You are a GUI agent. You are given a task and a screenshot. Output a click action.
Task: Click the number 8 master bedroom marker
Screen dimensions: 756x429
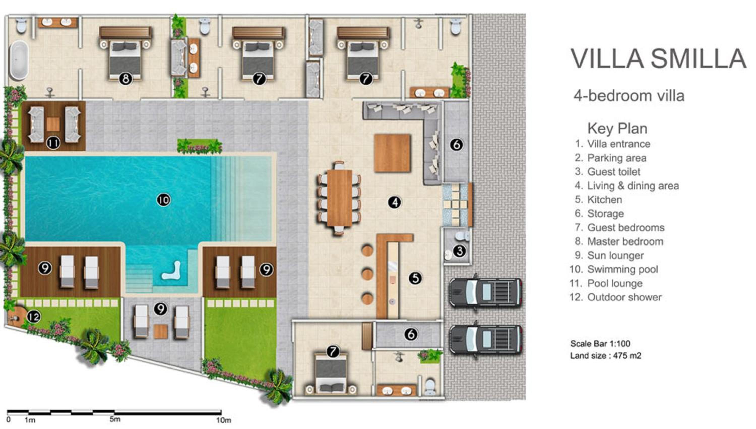[126, 79]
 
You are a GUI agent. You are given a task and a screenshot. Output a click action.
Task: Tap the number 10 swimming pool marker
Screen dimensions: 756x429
[164, 200]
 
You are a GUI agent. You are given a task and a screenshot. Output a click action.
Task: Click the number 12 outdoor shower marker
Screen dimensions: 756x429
[34, 317]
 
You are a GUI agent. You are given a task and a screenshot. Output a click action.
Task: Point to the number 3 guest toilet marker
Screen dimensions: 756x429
[459, 251]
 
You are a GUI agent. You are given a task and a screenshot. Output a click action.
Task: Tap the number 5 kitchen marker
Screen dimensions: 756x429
[415, 278]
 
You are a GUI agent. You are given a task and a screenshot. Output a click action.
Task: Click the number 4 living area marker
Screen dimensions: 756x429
[395, 202]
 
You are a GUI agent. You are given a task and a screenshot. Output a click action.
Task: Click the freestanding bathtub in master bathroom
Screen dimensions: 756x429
[19, 61]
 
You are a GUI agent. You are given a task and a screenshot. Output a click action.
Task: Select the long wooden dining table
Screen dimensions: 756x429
[339, 198]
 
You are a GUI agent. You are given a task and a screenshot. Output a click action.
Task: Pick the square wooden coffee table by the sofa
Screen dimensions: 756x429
[392, 153]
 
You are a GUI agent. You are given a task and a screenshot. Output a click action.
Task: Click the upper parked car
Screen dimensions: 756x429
[486, 293]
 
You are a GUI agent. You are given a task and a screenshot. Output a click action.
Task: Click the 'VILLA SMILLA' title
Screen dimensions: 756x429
[658, 59]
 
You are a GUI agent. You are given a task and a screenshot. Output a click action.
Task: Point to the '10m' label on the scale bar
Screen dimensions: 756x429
[224, 420]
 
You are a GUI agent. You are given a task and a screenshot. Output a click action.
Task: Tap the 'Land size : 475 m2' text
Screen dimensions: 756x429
[606, 356]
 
